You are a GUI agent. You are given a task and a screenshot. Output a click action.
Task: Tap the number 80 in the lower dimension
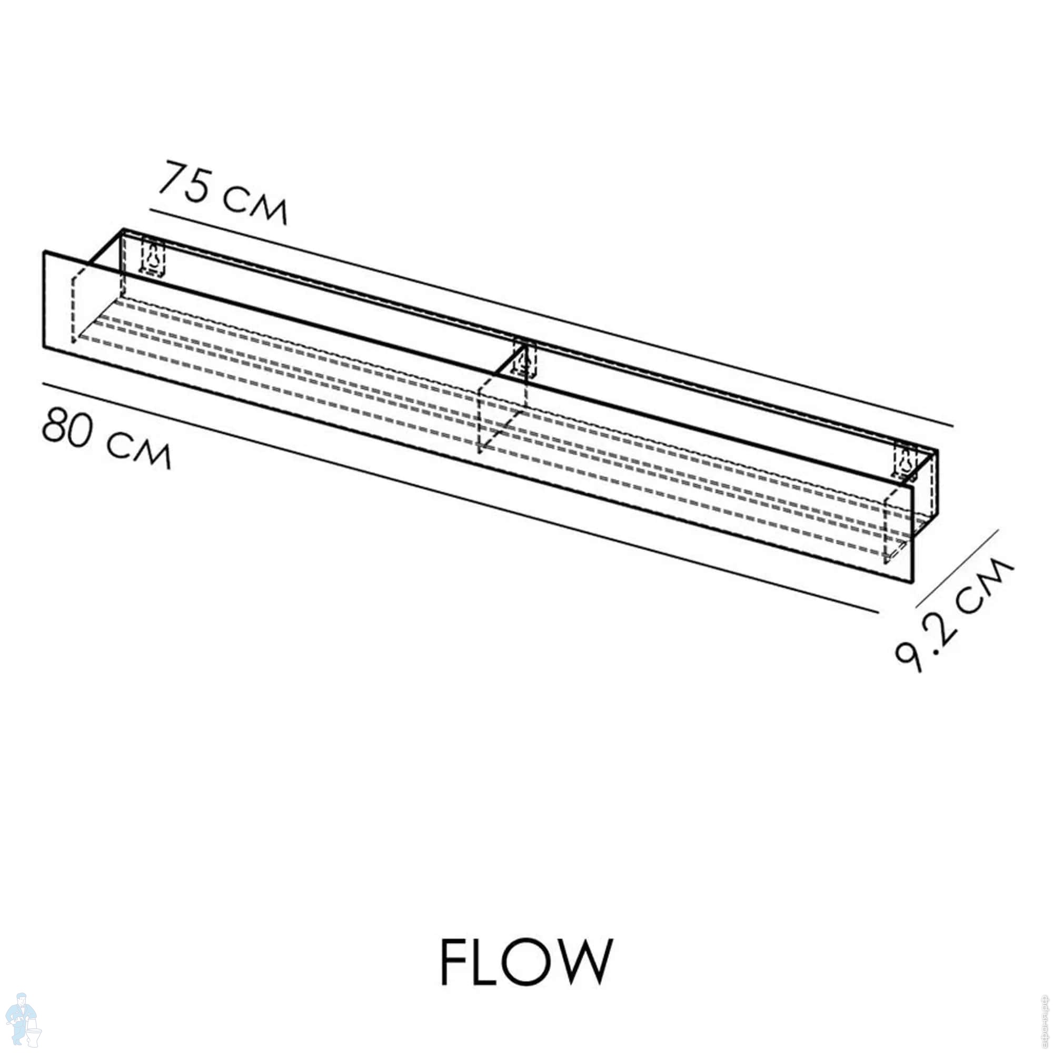coord(66,429)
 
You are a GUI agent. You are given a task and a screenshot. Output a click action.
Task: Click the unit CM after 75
coord(255,205)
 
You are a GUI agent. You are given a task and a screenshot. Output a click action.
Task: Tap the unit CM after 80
coord(138,450)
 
